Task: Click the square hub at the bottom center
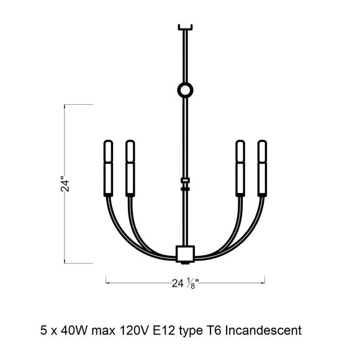click(185, 253)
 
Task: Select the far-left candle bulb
click(108, 151)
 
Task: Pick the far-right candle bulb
click(262, 151)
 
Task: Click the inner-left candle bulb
click(130, 151)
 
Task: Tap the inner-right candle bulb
click(240, 151)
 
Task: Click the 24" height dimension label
click(65, 184)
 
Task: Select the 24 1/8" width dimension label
click(185, 283)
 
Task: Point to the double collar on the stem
click(185, 184)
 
